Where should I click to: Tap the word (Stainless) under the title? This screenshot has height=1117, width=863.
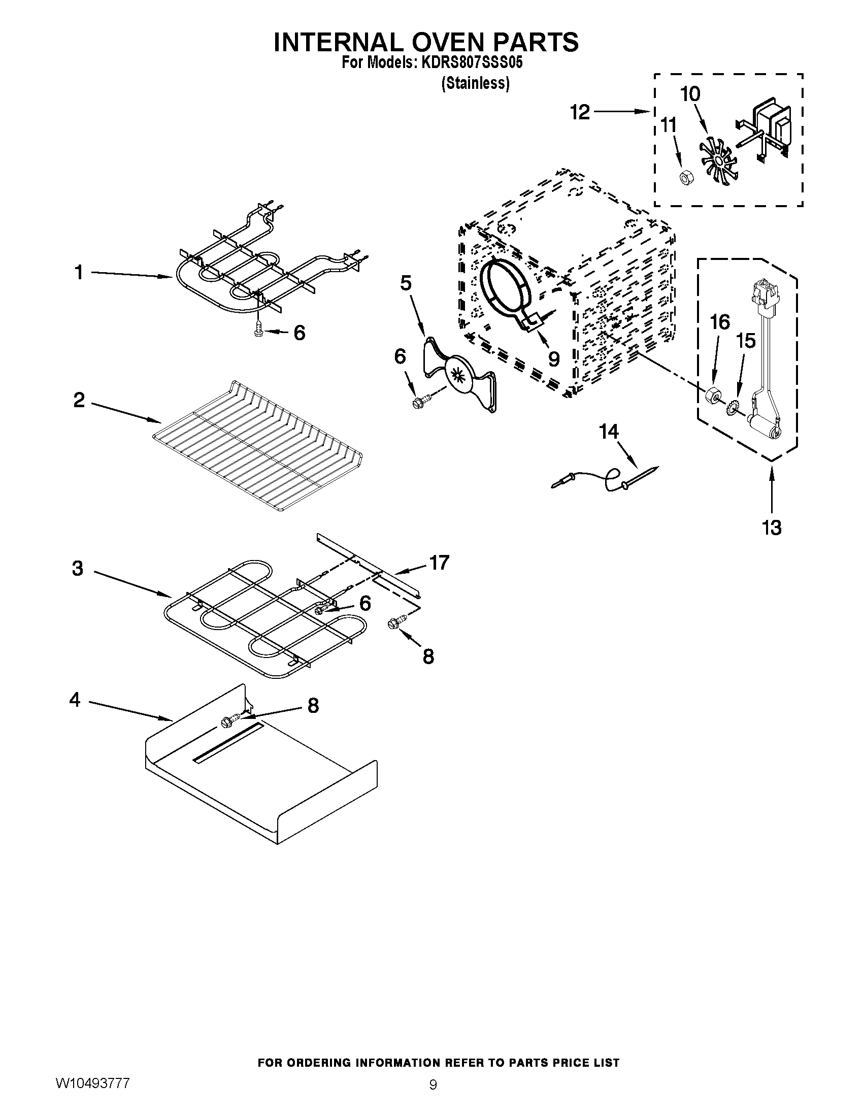475,83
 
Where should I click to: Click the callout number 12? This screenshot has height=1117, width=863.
580,112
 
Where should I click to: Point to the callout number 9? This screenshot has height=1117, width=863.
554,358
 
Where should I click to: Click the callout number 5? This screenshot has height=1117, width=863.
406,283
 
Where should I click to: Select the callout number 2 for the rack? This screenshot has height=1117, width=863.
79,400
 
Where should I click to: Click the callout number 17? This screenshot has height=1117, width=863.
439,563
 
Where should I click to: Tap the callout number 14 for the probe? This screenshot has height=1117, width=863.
608,432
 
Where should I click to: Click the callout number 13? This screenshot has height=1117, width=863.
772,528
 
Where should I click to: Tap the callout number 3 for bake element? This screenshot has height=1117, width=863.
78,568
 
